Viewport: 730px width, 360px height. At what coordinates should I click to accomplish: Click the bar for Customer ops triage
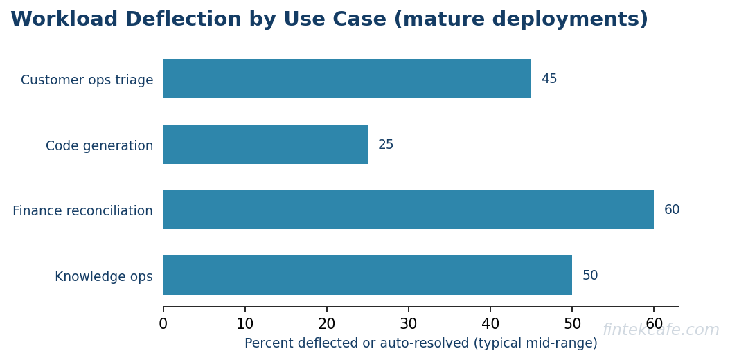click(x=347, y=79)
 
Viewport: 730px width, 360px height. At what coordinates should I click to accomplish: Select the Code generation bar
click(x=265, y=145)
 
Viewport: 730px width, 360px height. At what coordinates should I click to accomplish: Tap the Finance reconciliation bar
click(x=409, y=210)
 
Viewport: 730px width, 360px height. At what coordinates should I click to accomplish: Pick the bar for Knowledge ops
click(x=368, y=276)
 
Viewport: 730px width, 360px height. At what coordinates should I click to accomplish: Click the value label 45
click(x=549, y=79)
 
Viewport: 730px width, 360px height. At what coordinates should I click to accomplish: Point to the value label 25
click(x=386, y=145)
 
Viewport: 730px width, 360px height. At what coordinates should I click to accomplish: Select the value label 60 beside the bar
click(x=672, y=210)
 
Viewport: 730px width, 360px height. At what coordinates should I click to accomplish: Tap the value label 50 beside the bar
click(x=590, y=276)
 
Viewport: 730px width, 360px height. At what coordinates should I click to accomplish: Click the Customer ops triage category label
click(x=87, y=80)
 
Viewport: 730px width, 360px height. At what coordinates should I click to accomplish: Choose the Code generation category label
click(x=100, y=146)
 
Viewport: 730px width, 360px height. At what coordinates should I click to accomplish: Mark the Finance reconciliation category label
click(x=83, y=211)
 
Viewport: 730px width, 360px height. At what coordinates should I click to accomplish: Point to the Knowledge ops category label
click(x=104, y=277)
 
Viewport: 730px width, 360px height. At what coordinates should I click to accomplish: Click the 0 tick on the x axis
click(x=163, y=324)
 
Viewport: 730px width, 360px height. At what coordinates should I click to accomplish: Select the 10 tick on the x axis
click(x=245, y=324)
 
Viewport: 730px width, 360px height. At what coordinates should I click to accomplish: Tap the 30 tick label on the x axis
click(x=409, y=324)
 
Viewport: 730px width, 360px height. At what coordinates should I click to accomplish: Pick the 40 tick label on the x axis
click(x=490, y=324)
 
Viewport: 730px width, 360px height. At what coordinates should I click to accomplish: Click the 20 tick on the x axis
click(x=327, y=324)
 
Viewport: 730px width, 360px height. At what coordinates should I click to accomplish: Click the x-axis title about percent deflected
click(x=421, y=343)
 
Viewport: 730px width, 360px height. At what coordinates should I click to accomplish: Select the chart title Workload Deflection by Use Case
click(x=330, y=20)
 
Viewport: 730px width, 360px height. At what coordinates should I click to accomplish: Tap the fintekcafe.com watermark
click(x=661, y=330)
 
